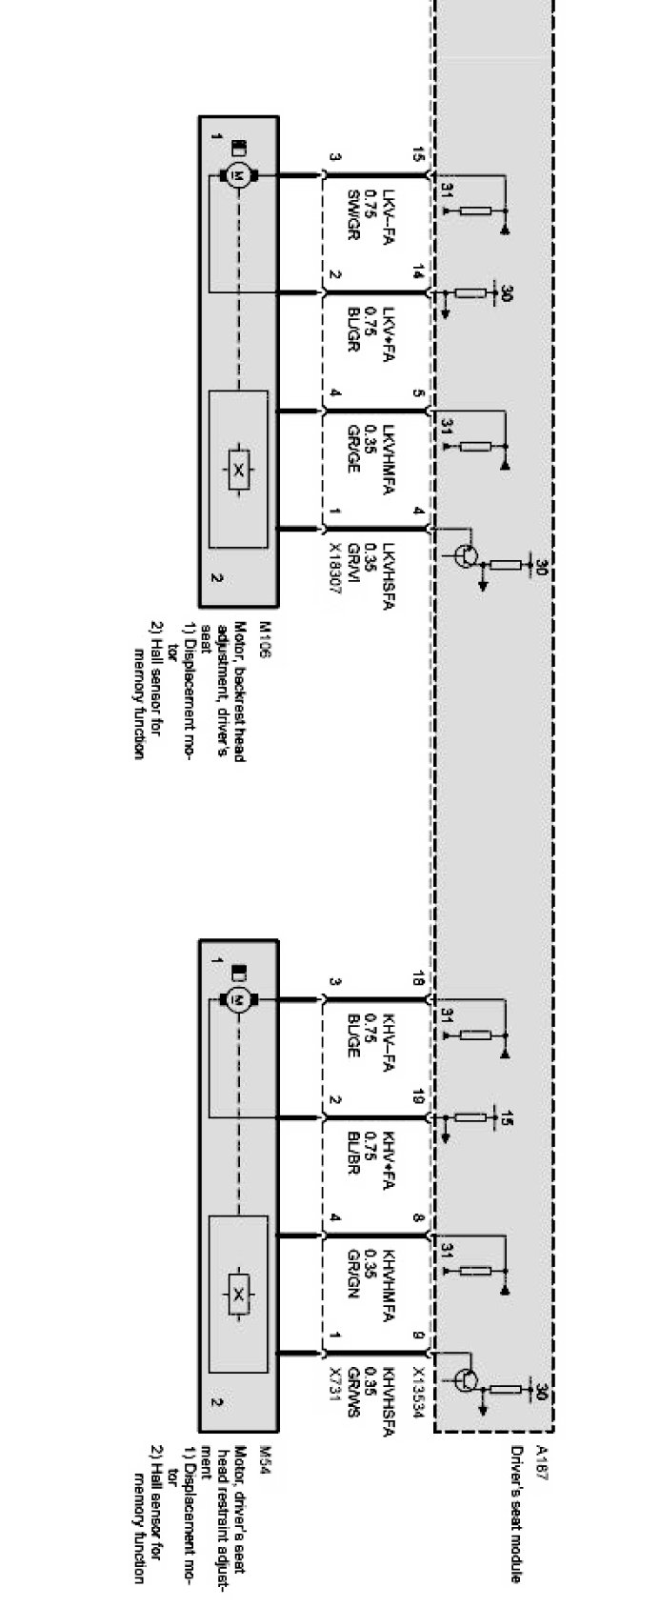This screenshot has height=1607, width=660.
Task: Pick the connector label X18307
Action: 336,570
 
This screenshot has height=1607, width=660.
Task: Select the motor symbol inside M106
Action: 237,175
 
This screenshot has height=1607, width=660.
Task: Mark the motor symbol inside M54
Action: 237,999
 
